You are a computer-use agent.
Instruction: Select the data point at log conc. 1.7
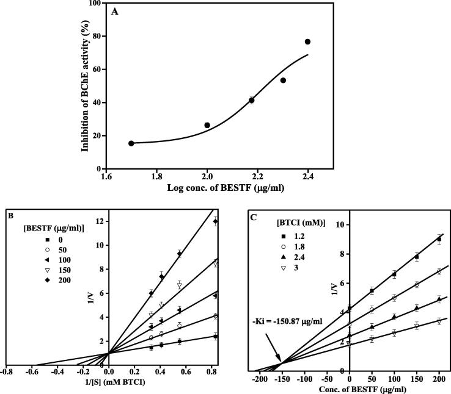point(131,143)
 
